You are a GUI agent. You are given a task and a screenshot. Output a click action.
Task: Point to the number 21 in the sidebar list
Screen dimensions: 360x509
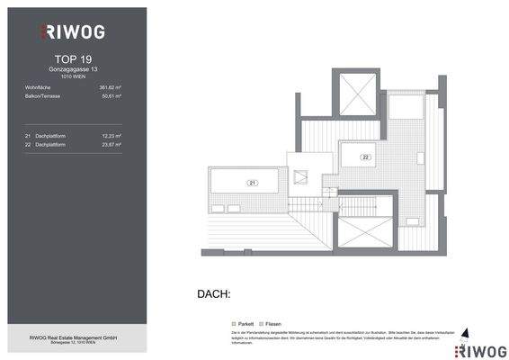[29, 135]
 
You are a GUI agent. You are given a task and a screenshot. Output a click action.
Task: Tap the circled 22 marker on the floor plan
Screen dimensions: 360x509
[366, 157]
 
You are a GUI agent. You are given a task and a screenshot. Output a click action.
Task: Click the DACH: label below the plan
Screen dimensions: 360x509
[214, 294]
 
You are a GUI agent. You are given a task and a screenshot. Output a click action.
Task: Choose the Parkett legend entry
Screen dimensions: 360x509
[243, 322]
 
